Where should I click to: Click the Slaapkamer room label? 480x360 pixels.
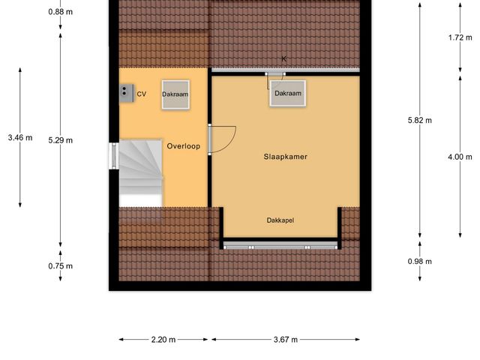coord(286,157)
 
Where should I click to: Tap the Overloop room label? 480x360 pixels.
coord(183,146)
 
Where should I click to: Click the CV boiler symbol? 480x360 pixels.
coord(124,91)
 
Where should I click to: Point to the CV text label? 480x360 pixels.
coord(141,94)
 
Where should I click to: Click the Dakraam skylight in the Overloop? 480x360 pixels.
coord(175,95)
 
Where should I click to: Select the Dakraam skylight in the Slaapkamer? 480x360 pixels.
coord(288,94)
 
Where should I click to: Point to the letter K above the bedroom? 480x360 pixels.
coord(284,58)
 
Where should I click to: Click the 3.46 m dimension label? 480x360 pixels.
coord(20,137)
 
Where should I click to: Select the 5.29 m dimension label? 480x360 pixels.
coord(60,139)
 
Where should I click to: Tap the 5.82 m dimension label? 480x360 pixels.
coord(419,120)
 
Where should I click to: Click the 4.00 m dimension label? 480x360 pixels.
coord(460,157)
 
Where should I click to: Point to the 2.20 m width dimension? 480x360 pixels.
coord(163,340)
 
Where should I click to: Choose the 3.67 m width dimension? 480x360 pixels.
coord(285,340)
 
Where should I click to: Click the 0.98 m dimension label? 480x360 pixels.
coord(420,262)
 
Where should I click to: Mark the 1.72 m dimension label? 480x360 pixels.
coord(460,36)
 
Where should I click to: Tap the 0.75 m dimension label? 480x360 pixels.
coord(60,266)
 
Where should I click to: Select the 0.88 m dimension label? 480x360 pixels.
coord(60,12)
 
